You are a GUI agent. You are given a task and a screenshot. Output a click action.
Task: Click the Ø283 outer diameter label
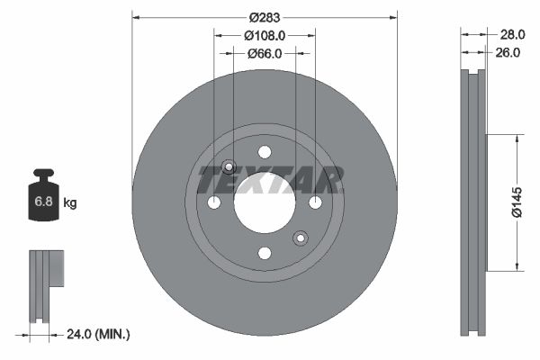(x=265, y=17)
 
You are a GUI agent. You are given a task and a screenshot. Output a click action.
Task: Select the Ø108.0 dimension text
(x=265, y=35)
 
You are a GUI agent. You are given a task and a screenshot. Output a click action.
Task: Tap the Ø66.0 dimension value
(x=265, y=53)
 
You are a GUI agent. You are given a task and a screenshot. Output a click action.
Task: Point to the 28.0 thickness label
(x=511, y=34)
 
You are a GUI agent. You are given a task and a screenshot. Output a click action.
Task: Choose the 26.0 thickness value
(x=508, y=53)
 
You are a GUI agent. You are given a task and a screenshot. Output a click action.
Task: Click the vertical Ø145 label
(x=517, y=202)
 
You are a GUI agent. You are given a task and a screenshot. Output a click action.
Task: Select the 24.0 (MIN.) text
(x=100, y=334)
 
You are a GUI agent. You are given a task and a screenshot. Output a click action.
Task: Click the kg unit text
(x=70, y=203)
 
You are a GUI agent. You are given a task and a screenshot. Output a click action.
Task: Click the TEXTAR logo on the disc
(x=270, y=181)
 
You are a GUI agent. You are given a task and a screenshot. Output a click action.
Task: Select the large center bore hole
(x=265, y=202)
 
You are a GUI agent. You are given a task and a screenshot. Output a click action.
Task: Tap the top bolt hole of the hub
(x=265, y=152)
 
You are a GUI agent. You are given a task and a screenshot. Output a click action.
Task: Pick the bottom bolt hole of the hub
(x=265, y=253)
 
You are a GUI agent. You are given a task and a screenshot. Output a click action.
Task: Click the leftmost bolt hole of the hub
(x=214, y=202)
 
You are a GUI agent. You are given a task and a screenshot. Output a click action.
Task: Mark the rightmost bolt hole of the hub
(x=315, y=202)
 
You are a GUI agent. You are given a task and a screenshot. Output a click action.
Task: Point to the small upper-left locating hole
(x=229, y=166)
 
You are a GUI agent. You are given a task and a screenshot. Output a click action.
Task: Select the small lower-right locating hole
(x=301, y=238)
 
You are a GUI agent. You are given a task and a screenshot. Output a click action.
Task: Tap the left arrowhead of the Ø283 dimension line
(x=136, y=16)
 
